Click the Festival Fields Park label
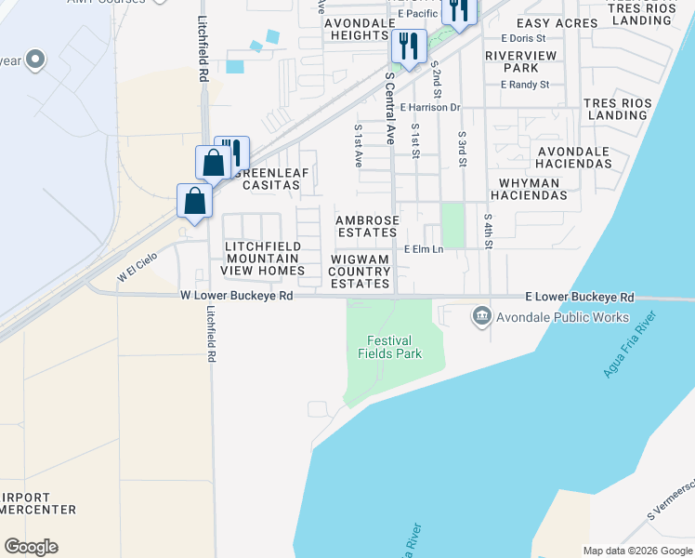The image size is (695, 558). (389, 347)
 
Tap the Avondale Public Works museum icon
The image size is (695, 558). (481, 317)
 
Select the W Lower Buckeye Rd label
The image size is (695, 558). (237, 296)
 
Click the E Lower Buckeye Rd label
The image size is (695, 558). (579, 297)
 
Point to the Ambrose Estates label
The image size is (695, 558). (368, 226)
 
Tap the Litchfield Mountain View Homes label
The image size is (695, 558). (262, 259)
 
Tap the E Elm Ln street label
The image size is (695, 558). (424, 250)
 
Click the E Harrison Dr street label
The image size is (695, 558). (430, 108)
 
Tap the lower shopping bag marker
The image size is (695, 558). (195, 200)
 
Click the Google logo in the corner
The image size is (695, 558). (31, 547)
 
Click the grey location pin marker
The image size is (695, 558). (36, 60)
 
